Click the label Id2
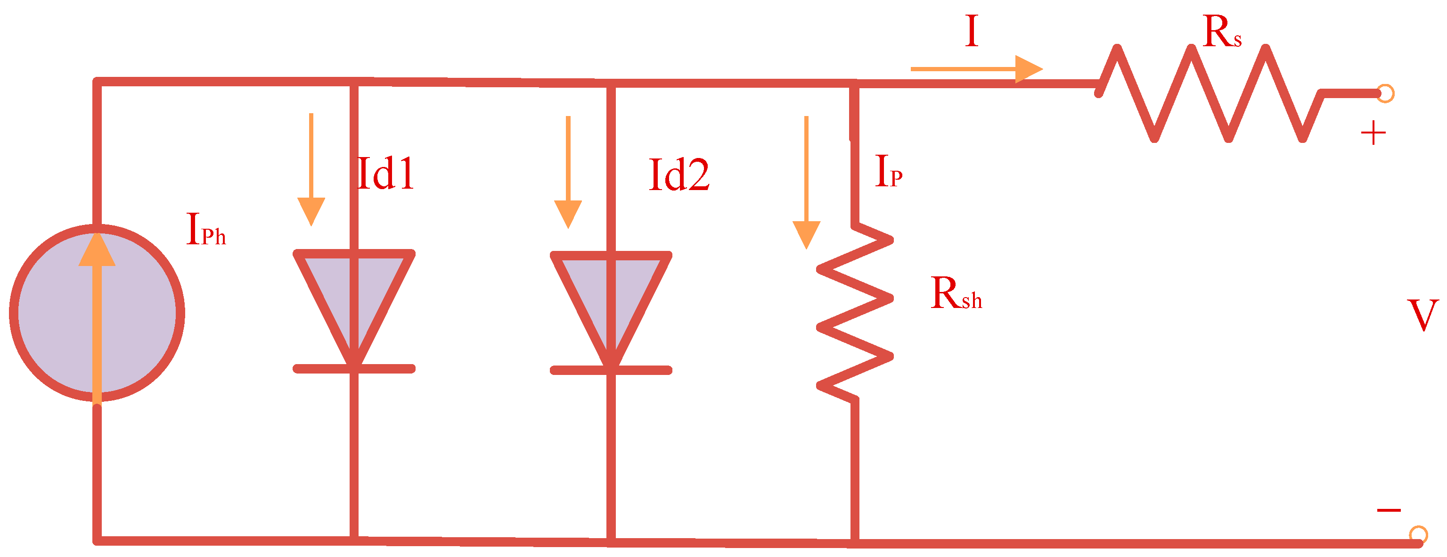point(679,175)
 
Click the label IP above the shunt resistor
point(888,171)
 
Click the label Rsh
point(956,293)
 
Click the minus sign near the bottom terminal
point(1389,510)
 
